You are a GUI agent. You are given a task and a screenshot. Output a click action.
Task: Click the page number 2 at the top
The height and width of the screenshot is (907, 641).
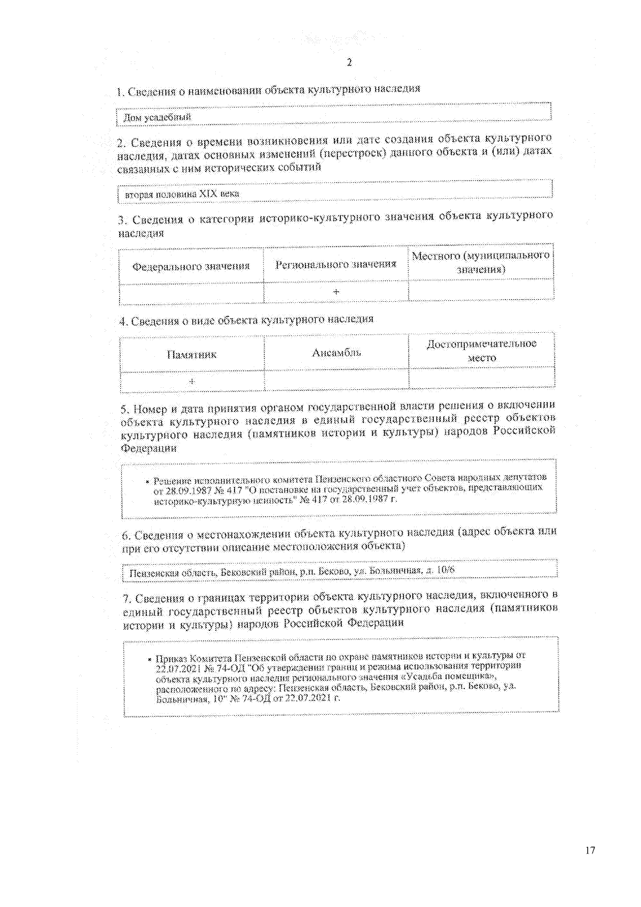tap(349, 62)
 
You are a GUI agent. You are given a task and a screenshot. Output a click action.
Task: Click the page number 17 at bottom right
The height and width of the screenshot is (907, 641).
tap(590, 850)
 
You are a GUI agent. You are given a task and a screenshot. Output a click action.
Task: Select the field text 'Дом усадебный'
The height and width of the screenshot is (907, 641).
tap(157, 117)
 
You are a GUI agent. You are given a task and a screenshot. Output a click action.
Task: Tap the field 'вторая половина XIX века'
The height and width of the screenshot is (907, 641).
tap(182, 194)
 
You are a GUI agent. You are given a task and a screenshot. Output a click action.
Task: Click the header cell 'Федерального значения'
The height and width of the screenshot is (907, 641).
tap(191, 266)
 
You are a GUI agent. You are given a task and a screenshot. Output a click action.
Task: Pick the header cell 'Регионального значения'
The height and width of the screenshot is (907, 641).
tap(335, 264)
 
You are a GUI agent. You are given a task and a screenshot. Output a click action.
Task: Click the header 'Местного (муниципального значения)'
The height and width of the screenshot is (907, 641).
tap(480, 262)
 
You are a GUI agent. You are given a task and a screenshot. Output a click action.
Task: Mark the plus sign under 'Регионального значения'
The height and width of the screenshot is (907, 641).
tap(336, 292)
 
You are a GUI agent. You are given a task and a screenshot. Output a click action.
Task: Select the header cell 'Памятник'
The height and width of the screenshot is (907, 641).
tap(191, 355)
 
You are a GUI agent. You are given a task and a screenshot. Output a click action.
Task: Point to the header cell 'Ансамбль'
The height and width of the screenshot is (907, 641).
tap(337, 353)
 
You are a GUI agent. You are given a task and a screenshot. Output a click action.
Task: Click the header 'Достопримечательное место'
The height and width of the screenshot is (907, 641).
tap(481, 350)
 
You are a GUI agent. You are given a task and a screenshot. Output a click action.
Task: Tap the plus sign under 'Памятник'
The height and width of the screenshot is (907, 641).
tap(192, 381)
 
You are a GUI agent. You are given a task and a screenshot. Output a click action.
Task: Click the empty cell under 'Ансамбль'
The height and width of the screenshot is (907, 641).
tap(337, 379)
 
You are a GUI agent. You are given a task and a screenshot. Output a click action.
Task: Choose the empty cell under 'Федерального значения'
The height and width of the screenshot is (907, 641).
tap(191, 294)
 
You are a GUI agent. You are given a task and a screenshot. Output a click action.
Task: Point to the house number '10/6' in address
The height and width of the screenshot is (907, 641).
tap(446, 570)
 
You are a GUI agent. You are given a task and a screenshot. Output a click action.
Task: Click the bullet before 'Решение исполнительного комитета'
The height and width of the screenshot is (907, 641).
tap(147, 481)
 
